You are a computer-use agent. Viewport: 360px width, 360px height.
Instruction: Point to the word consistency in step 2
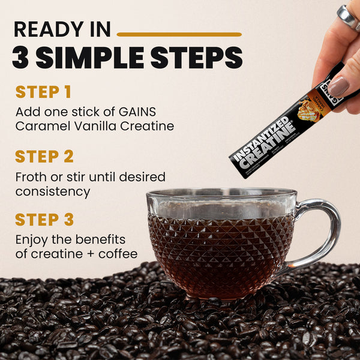tap(53, 191)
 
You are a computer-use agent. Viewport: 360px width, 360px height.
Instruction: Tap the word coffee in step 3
tap(119, 254)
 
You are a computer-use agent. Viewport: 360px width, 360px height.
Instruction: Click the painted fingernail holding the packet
tap(338, 86)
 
